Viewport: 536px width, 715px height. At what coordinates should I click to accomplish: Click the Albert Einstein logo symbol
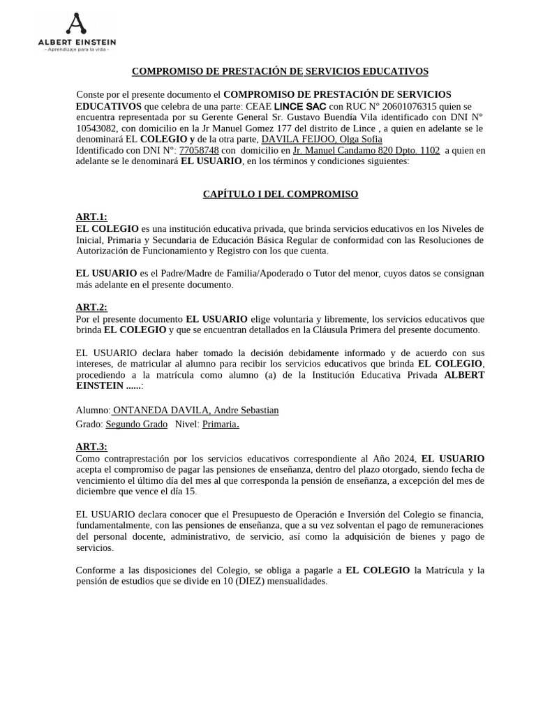pyautogui.click(x=76, y=24)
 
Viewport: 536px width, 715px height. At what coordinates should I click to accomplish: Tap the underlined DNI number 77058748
pyautogui.click(x=199, y=150)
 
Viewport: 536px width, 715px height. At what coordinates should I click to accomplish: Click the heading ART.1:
pyautogui.click(x=91, y=217)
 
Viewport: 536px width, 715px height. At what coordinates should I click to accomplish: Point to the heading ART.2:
pyautogui.click(x=91, y=307)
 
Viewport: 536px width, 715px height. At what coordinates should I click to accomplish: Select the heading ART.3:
pyautogui.click(x=91, y=447)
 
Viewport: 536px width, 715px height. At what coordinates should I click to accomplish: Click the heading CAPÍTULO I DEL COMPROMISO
pyautogui.click(x=281, y=194)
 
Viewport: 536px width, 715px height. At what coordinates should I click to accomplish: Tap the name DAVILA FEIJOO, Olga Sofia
pyautogui.click(x=322, y=140)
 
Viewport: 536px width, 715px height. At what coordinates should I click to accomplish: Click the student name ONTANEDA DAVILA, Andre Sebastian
pyautogui.click(x=195, y=411)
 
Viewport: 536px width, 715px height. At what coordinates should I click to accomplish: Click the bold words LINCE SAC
pyautogui.click(x=300, y=106)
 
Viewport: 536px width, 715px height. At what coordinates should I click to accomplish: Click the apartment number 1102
pyautogui.click(x=429, y=150)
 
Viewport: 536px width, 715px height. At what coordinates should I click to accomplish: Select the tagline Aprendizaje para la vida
pyautogui.click(x=77, y=50)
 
